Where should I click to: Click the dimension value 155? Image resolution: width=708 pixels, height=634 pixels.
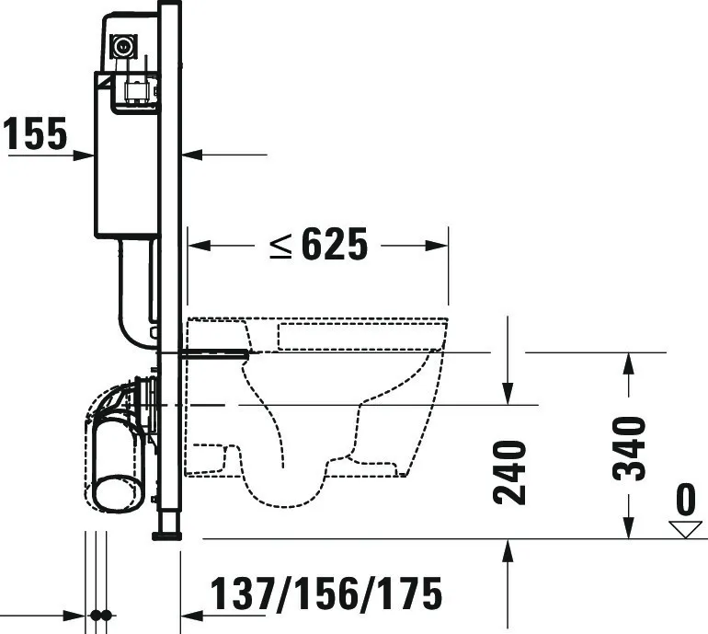pos(35,134)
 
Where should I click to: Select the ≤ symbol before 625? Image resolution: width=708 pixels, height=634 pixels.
pos(281,246)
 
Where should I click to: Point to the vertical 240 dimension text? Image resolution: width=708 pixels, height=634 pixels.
pos(510,472)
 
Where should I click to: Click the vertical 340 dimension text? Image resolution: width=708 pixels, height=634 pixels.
pos(630,448)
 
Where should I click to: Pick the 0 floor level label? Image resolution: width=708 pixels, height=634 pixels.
pos(685,501)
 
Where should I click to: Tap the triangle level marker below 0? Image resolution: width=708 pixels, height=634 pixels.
pos(685,528)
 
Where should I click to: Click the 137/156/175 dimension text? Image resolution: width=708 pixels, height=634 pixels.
pos(326,594)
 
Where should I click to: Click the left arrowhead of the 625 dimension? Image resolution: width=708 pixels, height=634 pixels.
pos(199,246)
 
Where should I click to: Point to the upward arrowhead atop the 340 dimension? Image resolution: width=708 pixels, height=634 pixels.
pos(629,363)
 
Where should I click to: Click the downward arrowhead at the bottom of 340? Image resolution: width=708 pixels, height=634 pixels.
pos(629,528)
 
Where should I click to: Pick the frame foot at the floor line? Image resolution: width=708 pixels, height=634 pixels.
pos(168,531)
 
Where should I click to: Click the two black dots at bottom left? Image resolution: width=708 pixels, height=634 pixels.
pos(101,615)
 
